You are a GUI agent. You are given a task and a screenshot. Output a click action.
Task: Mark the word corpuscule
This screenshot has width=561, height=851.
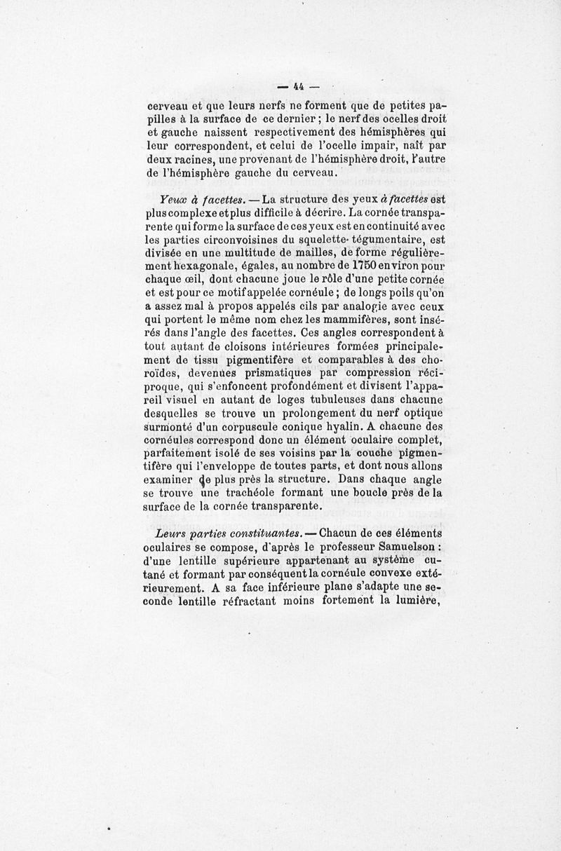[245, 426]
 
